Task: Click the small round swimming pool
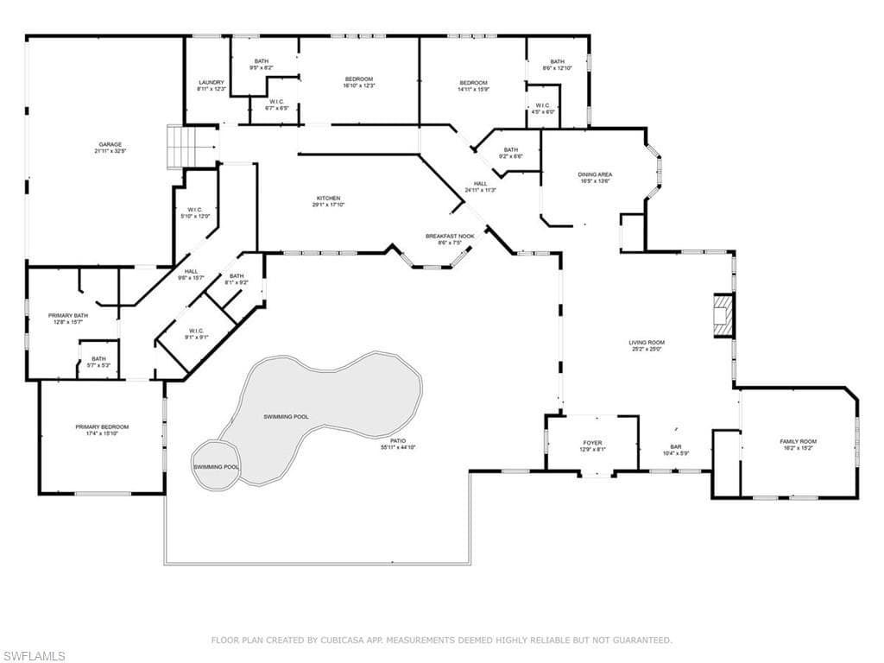[216, 465]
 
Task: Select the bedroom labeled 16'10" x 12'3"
[357, 82]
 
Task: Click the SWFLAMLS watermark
[34, 656]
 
